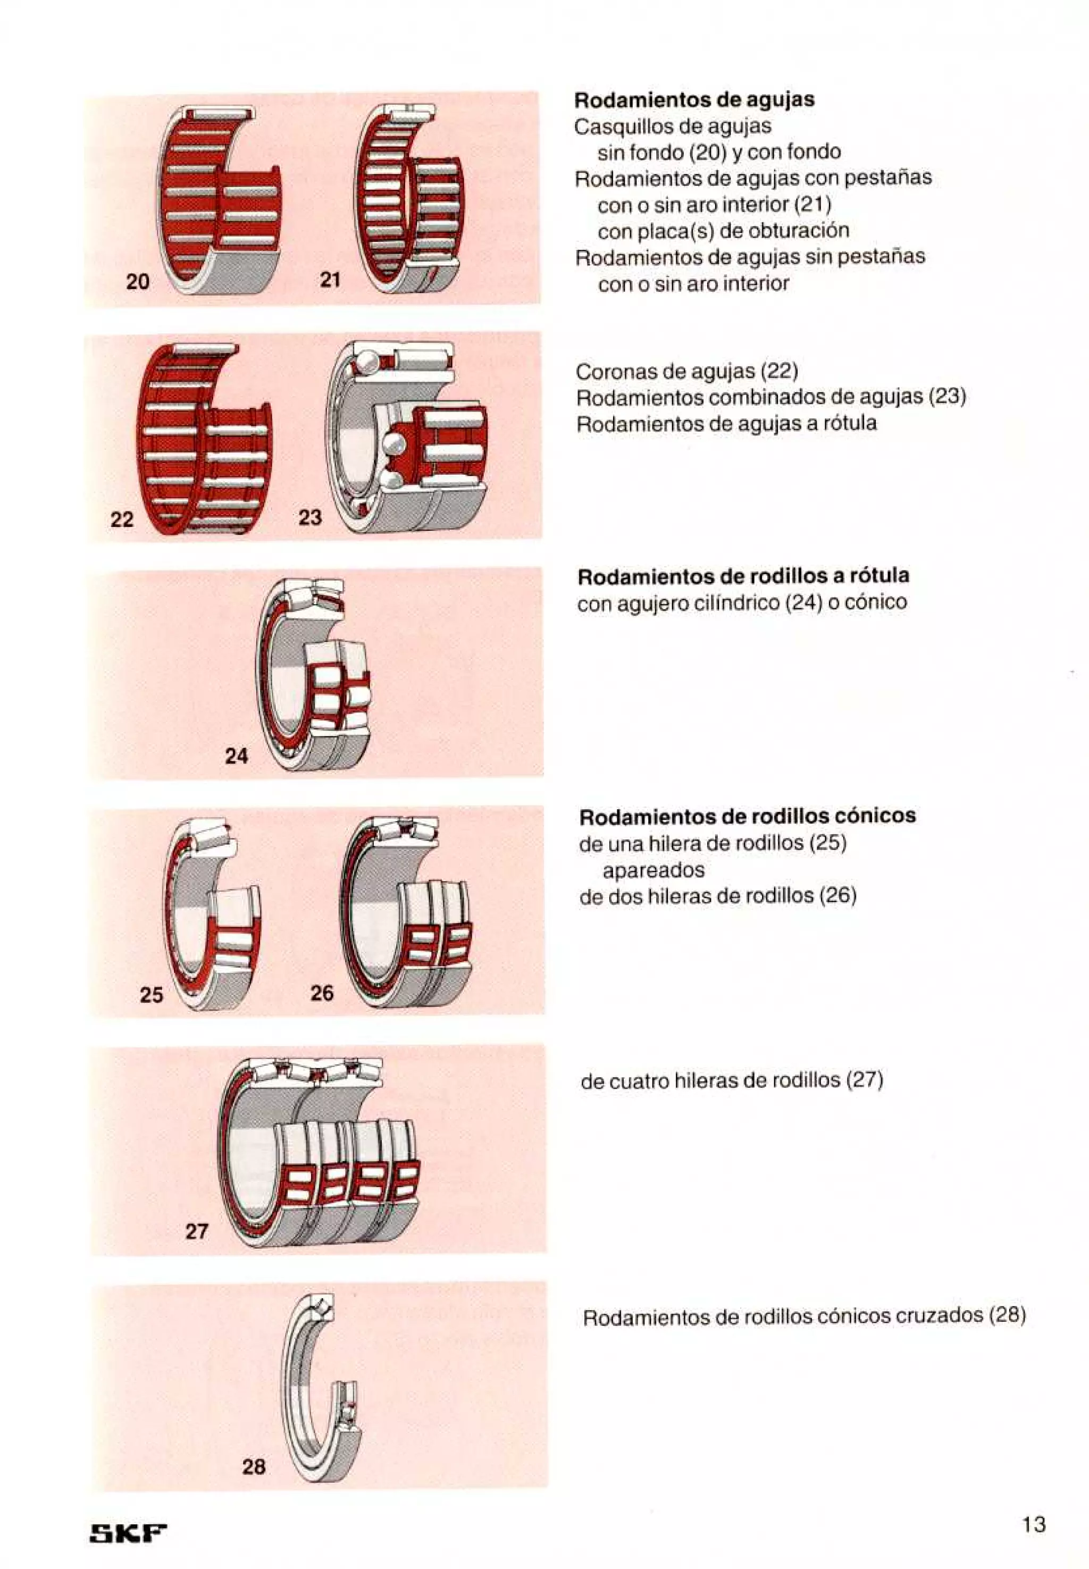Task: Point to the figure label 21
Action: click(x=330, y=279)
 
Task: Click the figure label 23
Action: click(x=310, y=517)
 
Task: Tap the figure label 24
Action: click(x=237, y=756)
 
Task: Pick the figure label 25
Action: click(x=152, y=995)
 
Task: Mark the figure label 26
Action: click(x=322, y=993)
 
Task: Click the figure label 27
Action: click(x=197, y=1231)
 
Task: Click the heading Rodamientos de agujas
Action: click(x=694, y=99)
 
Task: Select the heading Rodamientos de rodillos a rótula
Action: click(x=743, y=576)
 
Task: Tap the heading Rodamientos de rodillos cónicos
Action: click(x=747, y=816)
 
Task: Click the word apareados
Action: click(x=653, y=870)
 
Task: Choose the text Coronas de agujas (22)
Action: click(x=686, y=371)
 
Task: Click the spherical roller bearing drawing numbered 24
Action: click(x=314, y=675)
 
